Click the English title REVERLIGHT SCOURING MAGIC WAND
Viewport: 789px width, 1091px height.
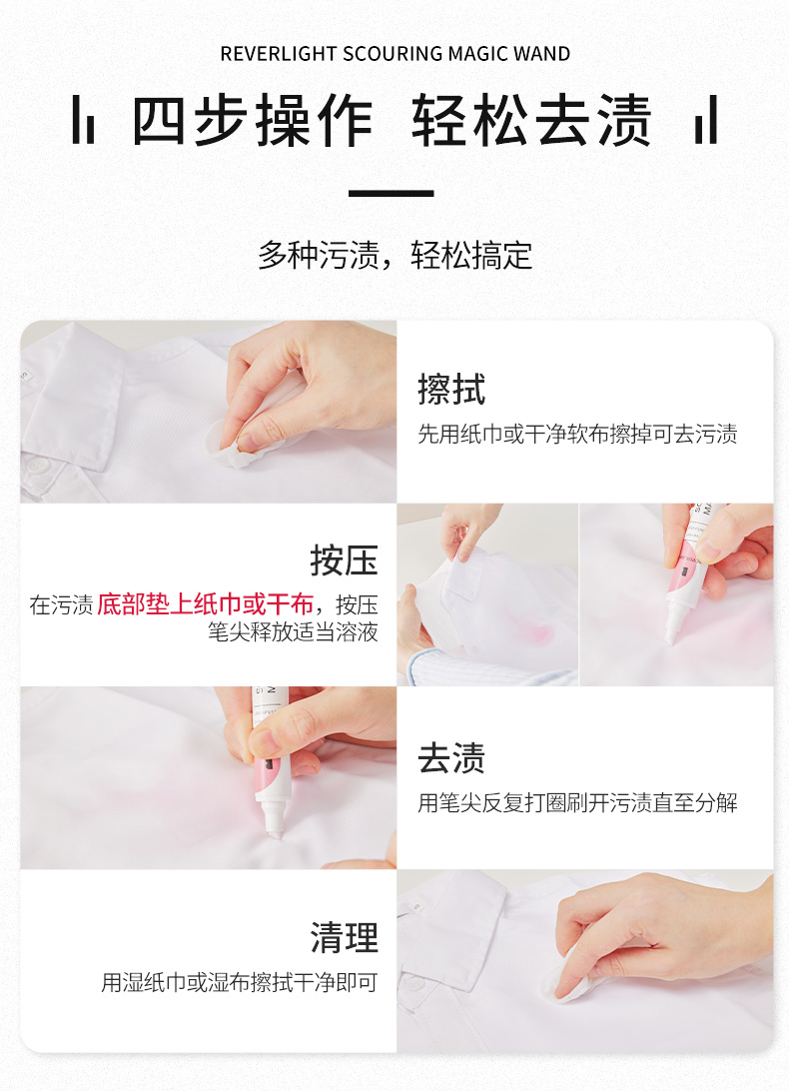pos(394,54)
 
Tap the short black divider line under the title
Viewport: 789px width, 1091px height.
pos(392,193)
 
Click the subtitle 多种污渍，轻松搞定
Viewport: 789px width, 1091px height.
pos(394,255)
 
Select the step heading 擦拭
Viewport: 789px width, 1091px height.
pos(450,389)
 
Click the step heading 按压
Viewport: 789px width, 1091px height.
pos(344,560)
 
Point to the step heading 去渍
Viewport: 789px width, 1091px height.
pos(450,757)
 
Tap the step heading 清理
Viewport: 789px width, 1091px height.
pos(344,937)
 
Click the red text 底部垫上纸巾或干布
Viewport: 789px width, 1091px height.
pos(206,603)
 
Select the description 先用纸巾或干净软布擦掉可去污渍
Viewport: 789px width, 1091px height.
pos(577,435)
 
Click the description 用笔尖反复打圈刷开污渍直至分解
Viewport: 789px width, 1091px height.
pos(577,802)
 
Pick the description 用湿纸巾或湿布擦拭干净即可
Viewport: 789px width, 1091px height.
pos(240,982)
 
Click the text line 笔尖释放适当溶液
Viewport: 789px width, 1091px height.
pos(293,631)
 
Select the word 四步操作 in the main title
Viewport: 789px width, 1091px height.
pos(253,120)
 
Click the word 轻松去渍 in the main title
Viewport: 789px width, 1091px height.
pos(531,120)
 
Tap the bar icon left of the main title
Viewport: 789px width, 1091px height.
pos(83,120)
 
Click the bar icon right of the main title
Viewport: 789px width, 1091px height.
pos(705,120)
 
